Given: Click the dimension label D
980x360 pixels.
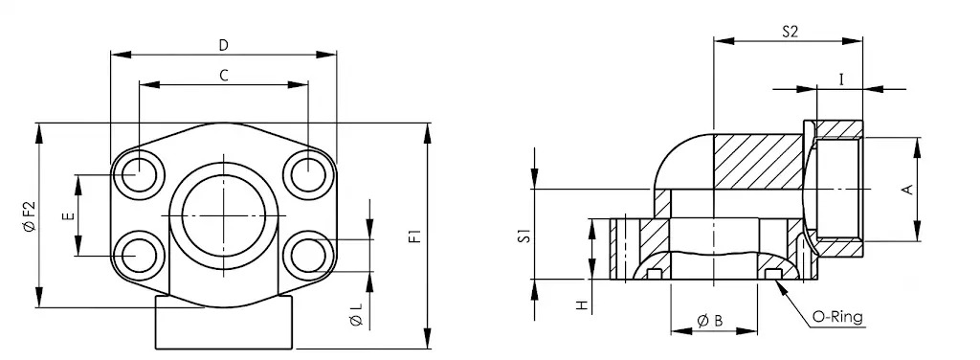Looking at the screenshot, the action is (224, 45).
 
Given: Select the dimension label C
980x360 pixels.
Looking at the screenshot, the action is (224, 76).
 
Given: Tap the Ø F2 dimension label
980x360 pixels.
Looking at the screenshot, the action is (30, 216).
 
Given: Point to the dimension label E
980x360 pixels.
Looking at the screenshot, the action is (69, 216).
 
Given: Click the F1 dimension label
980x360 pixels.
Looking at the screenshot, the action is (415, 236).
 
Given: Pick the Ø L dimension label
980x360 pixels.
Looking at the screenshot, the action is (356, 315).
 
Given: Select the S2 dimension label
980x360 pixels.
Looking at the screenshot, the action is (790, 32).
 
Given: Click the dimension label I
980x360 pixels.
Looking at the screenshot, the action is (841, 79).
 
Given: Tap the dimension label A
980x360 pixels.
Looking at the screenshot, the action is (909, 189).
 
